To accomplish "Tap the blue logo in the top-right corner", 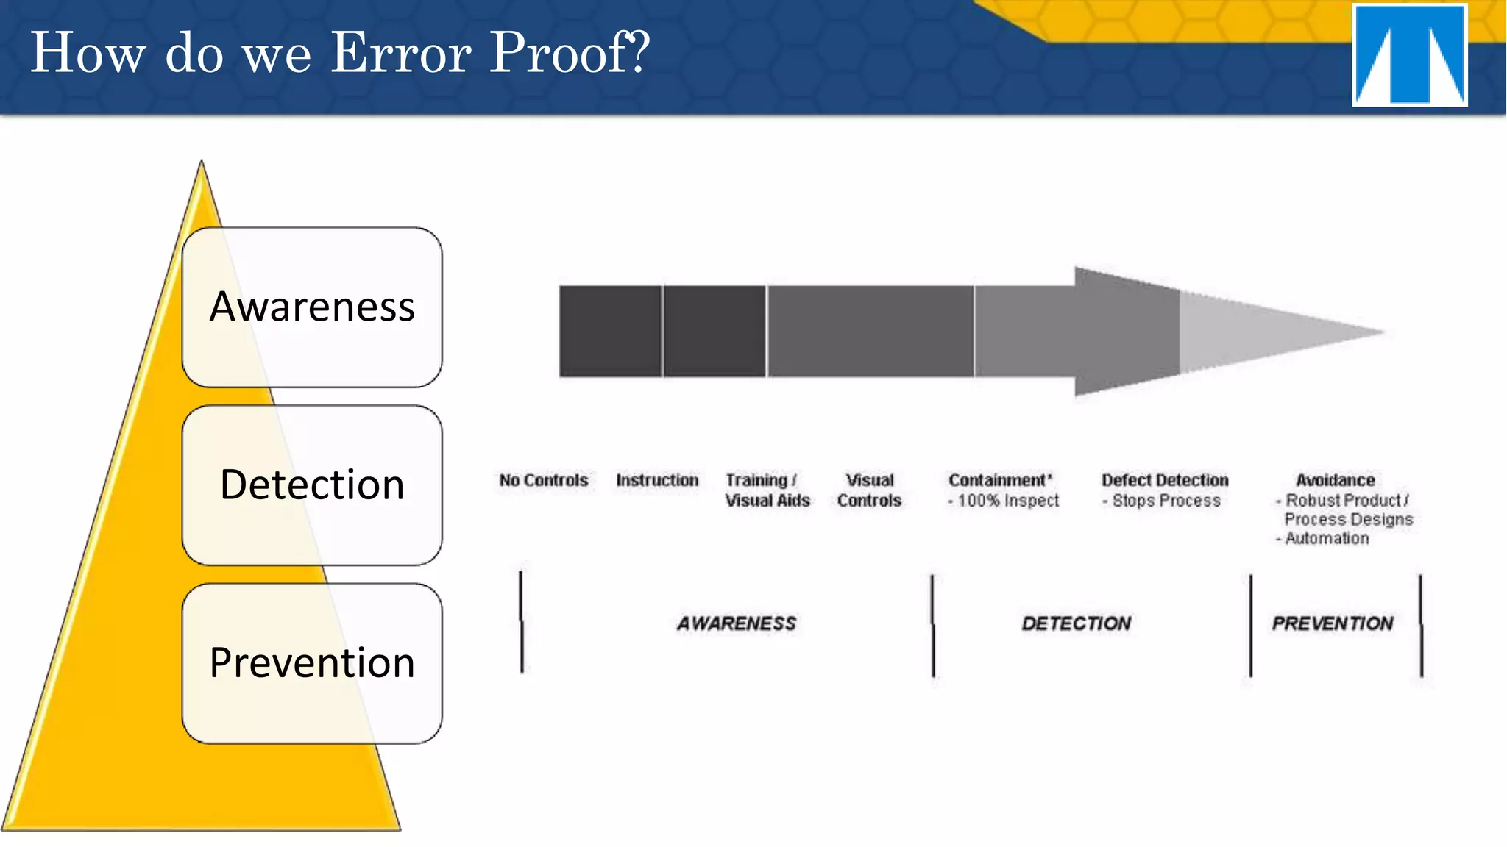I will [1409, 56].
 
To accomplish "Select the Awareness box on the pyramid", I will [312, 307].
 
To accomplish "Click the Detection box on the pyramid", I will [312, 485].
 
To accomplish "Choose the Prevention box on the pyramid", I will [312, 662].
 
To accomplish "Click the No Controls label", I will [544, 480].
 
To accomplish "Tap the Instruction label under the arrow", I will [657, 480].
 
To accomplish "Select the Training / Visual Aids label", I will [767, 490].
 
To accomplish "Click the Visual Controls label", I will [869, 490].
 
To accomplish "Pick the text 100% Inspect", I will [1008, 501].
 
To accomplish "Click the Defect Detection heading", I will [1165, 480].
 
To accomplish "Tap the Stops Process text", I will [1166, 501].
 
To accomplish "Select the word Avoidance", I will [1335, 480].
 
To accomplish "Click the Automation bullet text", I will [1327, 538].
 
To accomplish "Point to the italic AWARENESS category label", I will [737, 623].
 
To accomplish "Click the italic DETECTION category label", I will [1076, 623].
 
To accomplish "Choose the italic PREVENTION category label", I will [1333, 623].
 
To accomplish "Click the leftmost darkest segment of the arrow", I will [610, 332].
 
